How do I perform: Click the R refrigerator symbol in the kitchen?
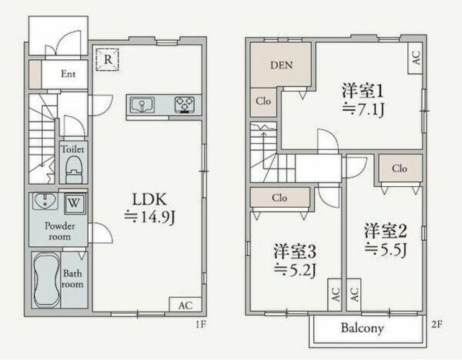[x=108, y=58]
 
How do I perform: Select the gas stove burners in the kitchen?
[x=185, y=105]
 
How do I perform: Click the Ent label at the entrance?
[x=69, y=73]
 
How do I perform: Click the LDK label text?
[x=150, y=198]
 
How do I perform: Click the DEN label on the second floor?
[x=282, y=66]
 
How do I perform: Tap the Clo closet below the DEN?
[x=263, y=102]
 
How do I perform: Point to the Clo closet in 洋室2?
[x=399, y=168]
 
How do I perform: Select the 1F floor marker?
[x=200, y=325]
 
